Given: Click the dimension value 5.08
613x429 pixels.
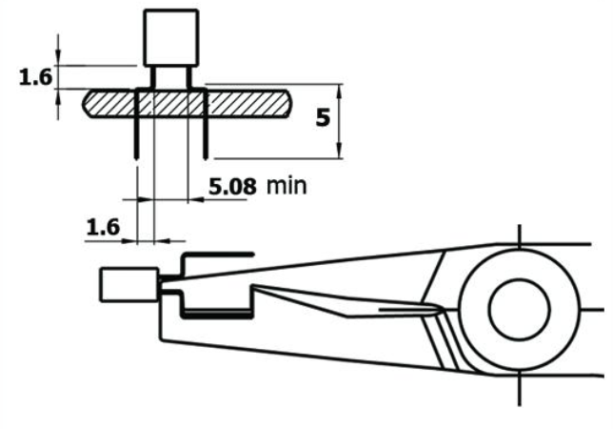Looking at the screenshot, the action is coord(232,186).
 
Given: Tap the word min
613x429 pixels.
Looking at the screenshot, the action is coord(287,186).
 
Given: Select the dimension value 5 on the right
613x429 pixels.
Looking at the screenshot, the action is coord(323,118).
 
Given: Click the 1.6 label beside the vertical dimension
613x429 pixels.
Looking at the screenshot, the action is coord(35,77).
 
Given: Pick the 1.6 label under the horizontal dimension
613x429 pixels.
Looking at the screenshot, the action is coord(103,228).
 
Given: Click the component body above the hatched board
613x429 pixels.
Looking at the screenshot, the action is coord(171,38).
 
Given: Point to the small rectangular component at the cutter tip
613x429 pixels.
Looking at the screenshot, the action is coord(129,284).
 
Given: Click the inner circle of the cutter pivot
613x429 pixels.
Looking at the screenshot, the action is coord(519,309).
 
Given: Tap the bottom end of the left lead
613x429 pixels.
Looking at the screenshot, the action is coord(136,157).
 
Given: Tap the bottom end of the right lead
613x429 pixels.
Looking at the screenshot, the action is coord(206,157).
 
